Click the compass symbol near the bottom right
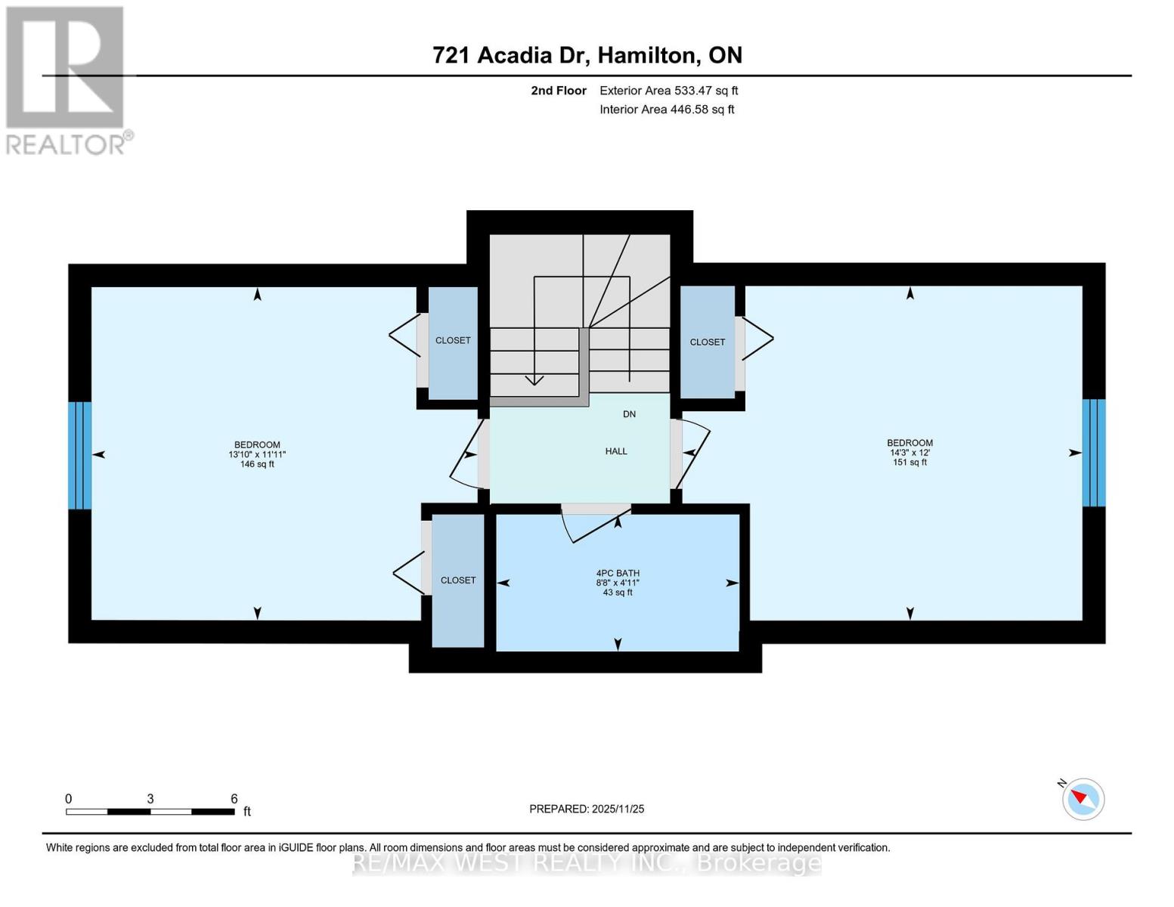pos(1083,799)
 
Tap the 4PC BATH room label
pos(618,573)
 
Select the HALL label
pos(616,451)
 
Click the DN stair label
pos(629,414)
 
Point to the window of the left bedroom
pos(80,455)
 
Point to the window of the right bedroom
pos(1093,453)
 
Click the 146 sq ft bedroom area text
pos(257,464)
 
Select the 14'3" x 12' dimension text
pos(909,453)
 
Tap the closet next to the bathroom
pos(458,580)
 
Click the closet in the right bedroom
pos(708,342)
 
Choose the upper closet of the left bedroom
pos(453,341)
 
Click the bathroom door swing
pos(593,522)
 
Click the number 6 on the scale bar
pos(234,799)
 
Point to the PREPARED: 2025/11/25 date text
pos(587,809)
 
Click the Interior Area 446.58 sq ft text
pos(667,110)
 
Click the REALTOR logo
pos(66,79)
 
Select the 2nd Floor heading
pos(559,91)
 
